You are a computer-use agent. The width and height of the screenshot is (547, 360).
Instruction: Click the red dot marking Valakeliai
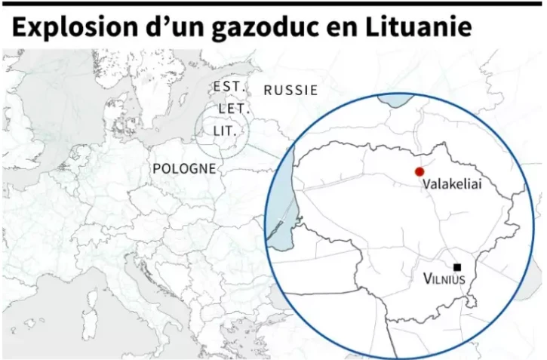pos(419,171)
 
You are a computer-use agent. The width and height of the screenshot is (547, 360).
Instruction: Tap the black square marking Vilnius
pos(457,266)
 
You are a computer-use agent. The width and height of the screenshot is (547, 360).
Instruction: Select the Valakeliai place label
pos(452,183)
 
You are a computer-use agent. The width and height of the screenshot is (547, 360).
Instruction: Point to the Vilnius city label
pos(444,279)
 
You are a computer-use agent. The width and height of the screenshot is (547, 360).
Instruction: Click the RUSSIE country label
pos(290,90)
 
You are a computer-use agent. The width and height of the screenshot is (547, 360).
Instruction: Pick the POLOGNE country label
pos(184,168)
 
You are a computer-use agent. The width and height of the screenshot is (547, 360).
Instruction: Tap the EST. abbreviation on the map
pos(229,86)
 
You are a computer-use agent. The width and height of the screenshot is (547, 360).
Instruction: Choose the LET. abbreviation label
pos(233,109)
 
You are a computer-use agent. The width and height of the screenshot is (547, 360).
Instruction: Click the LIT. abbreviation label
pos(225,131)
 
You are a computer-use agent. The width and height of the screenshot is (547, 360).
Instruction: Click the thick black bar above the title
pos(272,3)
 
